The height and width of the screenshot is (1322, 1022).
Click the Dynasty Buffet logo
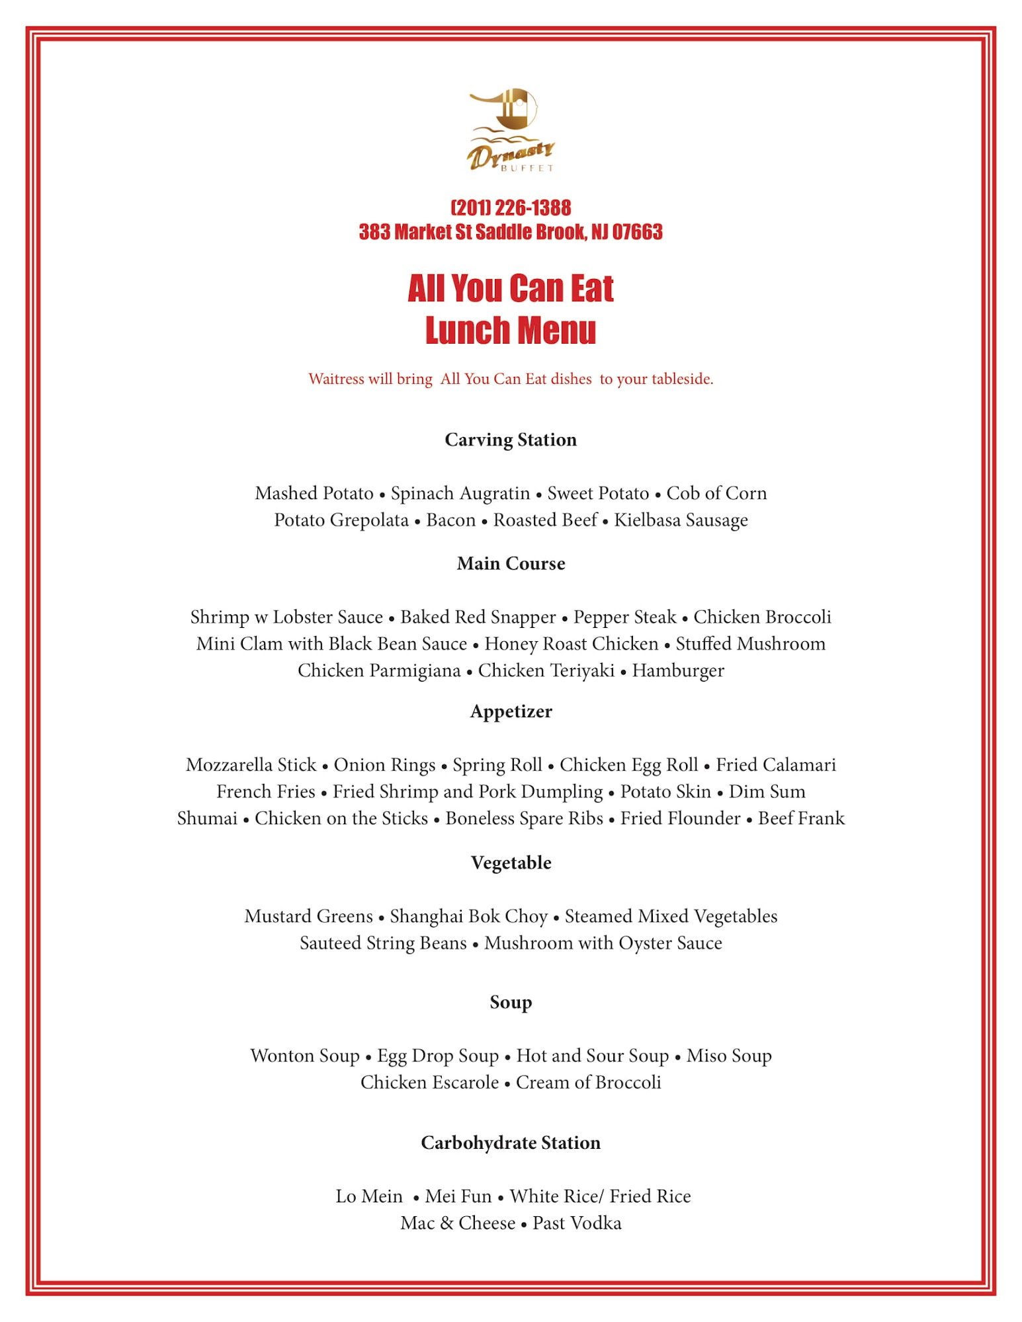tap(511, 130)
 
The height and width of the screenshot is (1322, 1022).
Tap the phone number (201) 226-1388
tap(511, 208)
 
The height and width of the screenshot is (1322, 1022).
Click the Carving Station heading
tap(511, 440)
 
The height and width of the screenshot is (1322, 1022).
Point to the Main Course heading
tap(511, 563)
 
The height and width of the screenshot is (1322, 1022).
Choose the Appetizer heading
tap(511, 711)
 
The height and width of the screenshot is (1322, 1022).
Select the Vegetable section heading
tap(511, 863)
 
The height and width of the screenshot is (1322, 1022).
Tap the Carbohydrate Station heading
tap(511, 1143)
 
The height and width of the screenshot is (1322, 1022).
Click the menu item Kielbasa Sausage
tap(681, 520)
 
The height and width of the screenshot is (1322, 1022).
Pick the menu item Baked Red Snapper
tap(478, 617)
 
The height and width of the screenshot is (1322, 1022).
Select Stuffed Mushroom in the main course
tap(750, 644)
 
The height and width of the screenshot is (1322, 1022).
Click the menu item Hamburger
tap(678, 670)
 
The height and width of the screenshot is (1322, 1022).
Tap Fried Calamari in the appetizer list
tap(775, 765)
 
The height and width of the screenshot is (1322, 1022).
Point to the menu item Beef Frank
tap(801, 818)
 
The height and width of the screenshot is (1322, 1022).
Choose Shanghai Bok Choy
tap(468, 916)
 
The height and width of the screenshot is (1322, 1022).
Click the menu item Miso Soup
tap(729, 1056)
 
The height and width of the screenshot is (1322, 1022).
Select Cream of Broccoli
tap(588, 1082)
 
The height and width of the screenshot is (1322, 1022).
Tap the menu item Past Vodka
tap(577, 1223)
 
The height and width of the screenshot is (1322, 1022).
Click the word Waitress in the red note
tap(336, 379)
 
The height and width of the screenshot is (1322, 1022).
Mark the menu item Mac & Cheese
tap(458, 1223)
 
